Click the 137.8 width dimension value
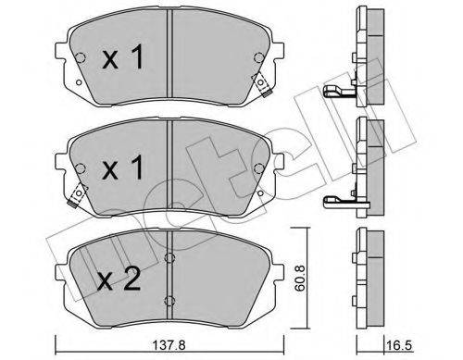coord(169,345)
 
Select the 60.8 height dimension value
coord(300,278)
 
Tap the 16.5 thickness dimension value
coord(398,345)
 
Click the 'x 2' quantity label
coord(119,279)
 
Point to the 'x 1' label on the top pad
coord(123,56)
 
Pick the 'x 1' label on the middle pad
coord(123,168)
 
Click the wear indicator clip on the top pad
coord(262,84)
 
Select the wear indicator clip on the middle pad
coord(78,195)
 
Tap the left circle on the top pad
coord(81,57)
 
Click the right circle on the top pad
coord(258,57)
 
